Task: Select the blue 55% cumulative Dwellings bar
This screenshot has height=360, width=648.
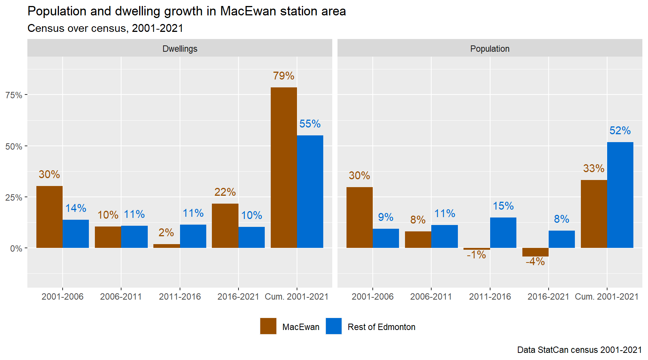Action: [310, 192]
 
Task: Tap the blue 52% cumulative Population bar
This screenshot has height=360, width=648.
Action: [620, 195]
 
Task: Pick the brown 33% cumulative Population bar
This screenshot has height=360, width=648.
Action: [594, 214]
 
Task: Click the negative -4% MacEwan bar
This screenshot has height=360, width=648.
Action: [535, 252]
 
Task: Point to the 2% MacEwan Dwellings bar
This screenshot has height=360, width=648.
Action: [166, 246]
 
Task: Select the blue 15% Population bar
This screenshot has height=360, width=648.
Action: [503, 232]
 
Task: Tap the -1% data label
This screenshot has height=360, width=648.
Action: [476, 255]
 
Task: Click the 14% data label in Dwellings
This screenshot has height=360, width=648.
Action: [76, 208]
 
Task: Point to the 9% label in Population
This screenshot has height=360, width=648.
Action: [385, 217]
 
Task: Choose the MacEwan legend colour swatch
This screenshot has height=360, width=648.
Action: [268, 326]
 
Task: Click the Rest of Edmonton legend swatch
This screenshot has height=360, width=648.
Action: [334, 326]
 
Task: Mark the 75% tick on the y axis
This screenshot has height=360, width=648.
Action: [14, 95]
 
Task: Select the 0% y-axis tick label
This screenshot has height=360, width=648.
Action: [16, 249]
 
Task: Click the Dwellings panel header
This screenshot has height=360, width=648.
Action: [180, 48]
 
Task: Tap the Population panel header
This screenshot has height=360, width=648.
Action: [490, 48]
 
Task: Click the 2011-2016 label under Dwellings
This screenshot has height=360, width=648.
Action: [180, 297]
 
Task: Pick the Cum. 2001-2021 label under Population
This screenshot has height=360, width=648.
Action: [606, 297]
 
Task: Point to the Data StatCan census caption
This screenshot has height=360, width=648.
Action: [579, 350]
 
